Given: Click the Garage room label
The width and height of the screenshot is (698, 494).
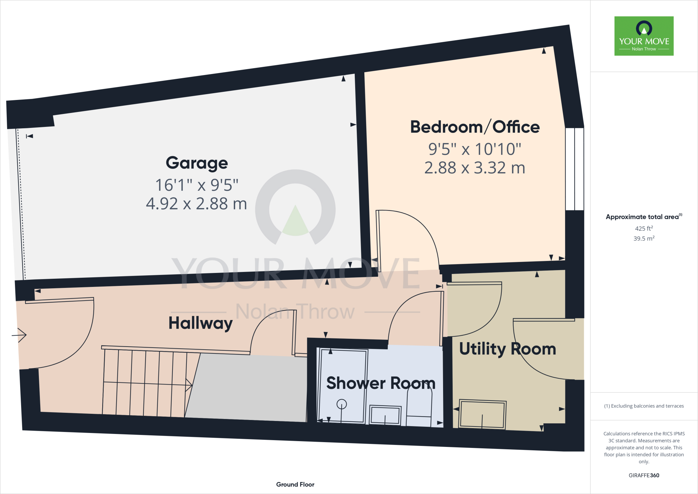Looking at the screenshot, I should coord(197,163).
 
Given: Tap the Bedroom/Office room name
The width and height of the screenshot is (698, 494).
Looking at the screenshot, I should coord(474,127).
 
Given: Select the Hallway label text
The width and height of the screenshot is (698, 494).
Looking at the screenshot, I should coord(200,323).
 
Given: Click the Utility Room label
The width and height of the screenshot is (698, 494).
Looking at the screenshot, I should coord(507,349).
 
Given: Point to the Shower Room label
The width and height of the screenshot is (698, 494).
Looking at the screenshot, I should coord(381,383).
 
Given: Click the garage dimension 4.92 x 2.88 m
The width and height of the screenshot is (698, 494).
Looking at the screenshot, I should coord(196,204).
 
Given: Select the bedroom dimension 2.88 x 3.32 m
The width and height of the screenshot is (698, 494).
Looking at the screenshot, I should coord(474,168).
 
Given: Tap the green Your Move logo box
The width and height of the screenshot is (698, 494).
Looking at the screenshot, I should coord(644,36).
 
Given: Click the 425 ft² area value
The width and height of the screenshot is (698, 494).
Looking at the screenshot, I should coord(644,228).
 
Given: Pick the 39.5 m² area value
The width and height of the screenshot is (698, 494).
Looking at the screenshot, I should coord(644,238).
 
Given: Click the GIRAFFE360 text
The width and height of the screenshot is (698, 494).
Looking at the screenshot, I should coord(644,475).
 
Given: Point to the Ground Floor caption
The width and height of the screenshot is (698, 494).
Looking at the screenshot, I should coord(295,484).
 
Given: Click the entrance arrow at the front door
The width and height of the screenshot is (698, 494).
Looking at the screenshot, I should coord(19,335).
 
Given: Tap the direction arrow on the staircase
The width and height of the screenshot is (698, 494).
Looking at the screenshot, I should coord(188,385).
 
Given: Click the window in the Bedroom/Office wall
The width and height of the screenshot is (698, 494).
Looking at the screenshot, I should coord(575,169).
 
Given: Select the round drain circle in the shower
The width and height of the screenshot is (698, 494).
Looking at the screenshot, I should coord(342,404).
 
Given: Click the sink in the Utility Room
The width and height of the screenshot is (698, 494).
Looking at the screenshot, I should coord(482,414).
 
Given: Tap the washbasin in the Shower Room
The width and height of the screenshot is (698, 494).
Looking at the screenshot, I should coord(385,415).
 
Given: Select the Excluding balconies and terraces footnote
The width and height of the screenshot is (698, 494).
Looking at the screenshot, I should coord(644,406).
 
